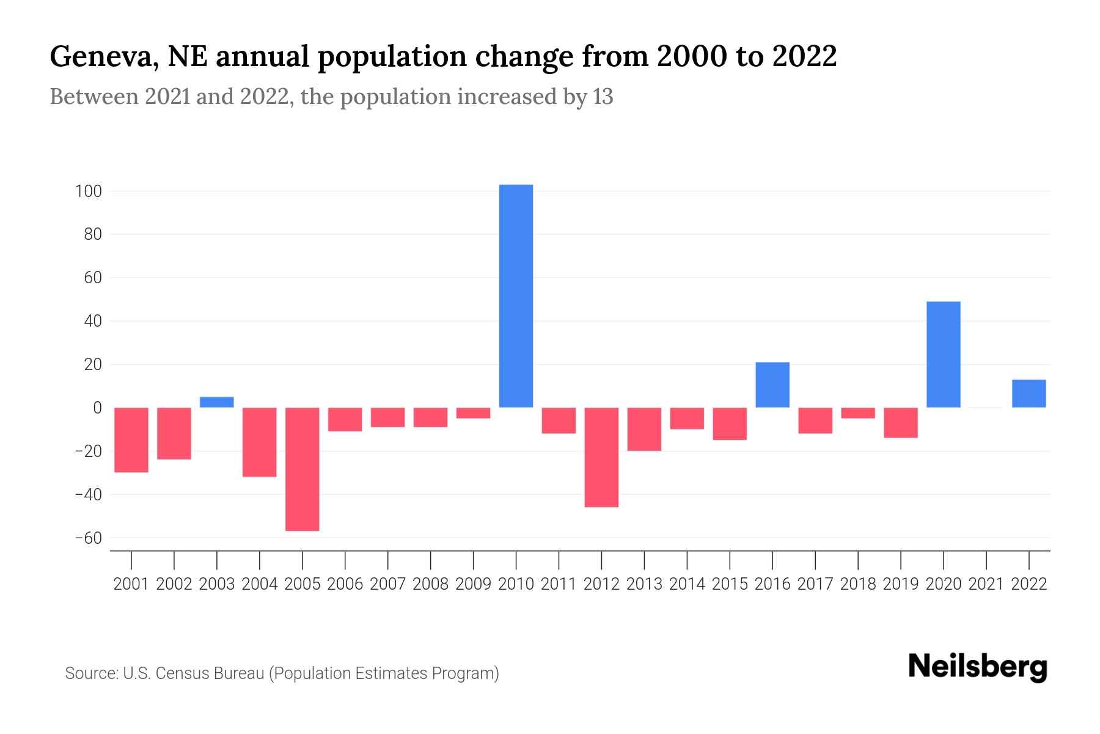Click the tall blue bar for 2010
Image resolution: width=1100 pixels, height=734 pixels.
(x=516, y=296)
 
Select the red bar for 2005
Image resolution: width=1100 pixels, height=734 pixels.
(x=302, y=469)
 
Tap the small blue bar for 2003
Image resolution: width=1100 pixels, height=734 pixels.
(x=217, y=402)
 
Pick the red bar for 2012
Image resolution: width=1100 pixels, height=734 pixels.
(x=601, y=457)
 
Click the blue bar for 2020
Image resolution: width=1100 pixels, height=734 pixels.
(x=944, y=355)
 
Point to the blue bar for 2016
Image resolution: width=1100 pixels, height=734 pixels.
(x=772, y=385)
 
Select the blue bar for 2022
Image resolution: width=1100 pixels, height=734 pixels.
(x=1029, y=393)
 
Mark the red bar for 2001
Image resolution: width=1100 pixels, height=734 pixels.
(x=131, y=440)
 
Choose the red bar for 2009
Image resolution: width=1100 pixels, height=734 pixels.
(x=473, y=413)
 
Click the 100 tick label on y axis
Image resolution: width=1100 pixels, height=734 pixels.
(x=88, y=191)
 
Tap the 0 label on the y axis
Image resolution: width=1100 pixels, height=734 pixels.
(x=97, y=408)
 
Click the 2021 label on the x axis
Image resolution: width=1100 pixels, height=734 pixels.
(x=986, y=584)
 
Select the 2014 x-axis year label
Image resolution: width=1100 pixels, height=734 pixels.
(x=687, y=584)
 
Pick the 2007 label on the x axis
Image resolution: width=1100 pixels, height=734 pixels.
(x=387, y=584)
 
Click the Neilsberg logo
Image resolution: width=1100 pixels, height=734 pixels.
(x=978, y=667)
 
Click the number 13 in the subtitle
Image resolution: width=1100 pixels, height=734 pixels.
(x=603, y=97)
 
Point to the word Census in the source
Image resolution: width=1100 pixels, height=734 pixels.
(x=185, y=673)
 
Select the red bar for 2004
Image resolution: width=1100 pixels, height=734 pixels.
(x=260, y=442)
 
